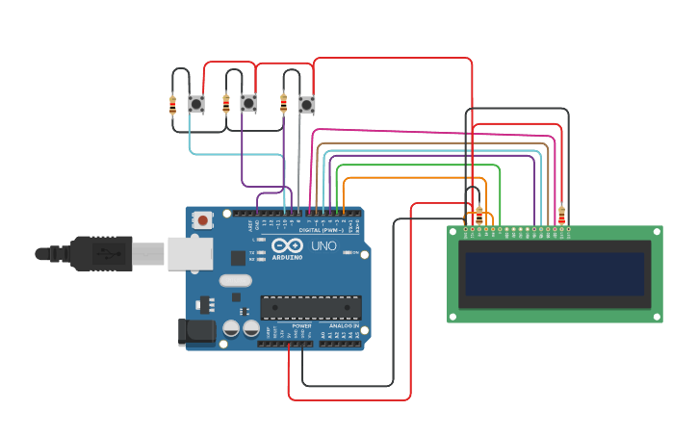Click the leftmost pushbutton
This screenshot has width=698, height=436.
pos(196,103)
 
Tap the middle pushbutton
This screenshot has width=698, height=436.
pos(248,103)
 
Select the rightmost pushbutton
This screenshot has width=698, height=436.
pos(306,104)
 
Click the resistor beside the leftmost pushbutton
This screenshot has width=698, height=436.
pos(173,104)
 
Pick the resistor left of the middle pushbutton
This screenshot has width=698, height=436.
pos(226,103)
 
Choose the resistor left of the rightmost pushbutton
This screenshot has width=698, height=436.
pos(283,103)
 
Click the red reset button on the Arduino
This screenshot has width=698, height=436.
pos(202,219)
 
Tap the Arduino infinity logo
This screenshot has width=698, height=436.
pos(287,246)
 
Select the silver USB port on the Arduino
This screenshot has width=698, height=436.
pos(190,253)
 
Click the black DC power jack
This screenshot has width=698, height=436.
pos(197,332)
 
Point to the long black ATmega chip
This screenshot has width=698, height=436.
pos(310,308)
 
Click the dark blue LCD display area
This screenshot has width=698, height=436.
pos(554,274)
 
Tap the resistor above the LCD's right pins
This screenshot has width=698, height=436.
pos(561,214)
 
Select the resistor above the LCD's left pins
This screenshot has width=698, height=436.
pos(479,214)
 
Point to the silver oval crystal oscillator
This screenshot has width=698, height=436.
pos(235,281)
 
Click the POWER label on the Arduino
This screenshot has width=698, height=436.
pos(301,325)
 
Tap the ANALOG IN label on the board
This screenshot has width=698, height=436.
pos(344,325)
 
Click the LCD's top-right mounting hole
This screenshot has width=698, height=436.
pos(657,232)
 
